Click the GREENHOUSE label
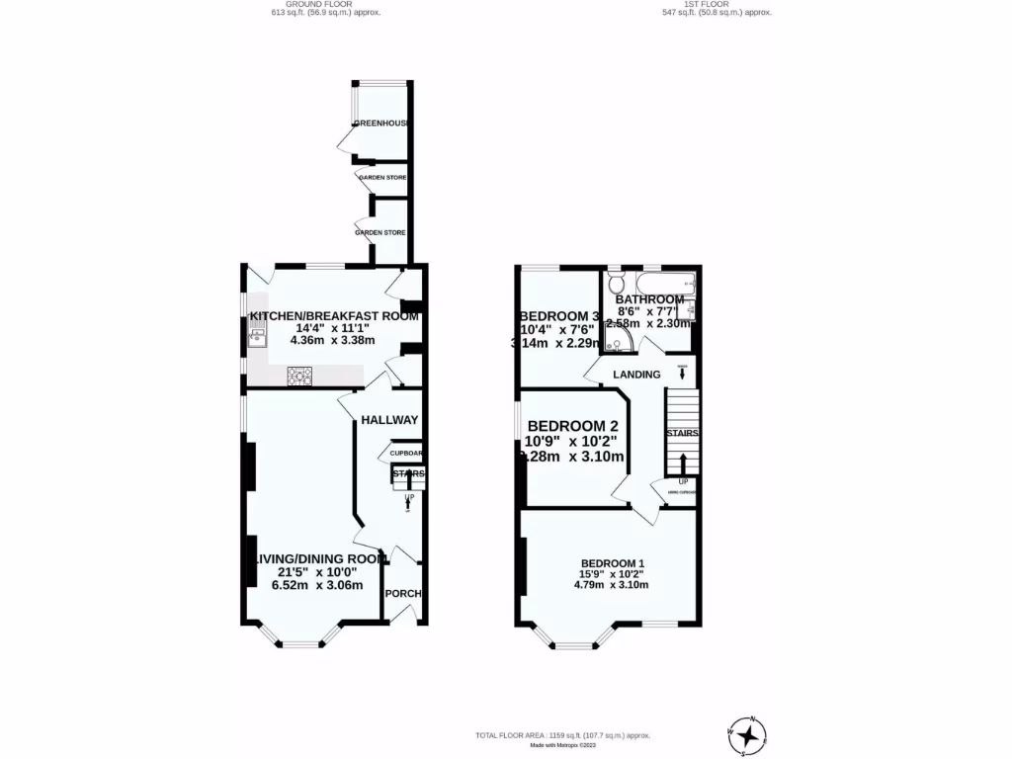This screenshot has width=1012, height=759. pyautogui.click(x=383, y=124)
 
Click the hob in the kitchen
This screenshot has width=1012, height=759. pyautogui.click(x=298, y=376)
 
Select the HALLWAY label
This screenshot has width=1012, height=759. pyautogui.click(x=389, y=420)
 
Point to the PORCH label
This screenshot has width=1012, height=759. pyautogui.click(x=404, y=594)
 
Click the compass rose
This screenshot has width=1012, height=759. pyautogui.click(x=751, y=733)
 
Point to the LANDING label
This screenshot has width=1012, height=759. pyautogui.click(x=636, y=375)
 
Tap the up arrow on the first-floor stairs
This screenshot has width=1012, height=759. pyautogui.click(x=684, y=464)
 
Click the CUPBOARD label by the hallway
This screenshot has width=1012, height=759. pyautogui.click(x=406, y=454)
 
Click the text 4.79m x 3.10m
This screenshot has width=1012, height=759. pyautogui.click(x=611, y=584)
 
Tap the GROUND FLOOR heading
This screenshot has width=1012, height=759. pyautogui.click(x=326, y=4)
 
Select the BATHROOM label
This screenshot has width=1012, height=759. pyautogui.click(x=649, y=299)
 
